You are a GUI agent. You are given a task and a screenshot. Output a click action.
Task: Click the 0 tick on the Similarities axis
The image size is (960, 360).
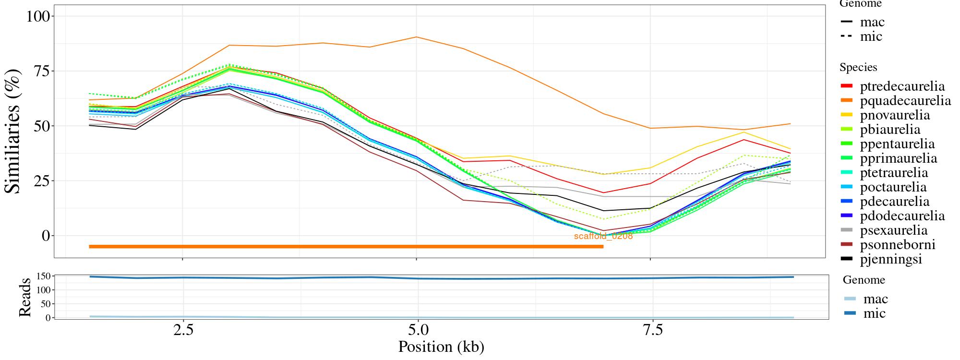pos(46,236)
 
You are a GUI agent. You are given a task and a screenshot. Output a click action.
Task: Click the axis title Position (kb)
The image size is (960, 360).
pos(441,347)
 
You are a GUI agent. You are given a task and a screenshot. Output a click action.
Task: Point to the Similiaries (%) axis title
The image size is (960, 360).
pos(13,131)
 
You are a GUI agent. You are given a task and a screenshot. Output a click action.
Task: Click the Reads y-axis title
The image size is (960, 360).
pos(24,297)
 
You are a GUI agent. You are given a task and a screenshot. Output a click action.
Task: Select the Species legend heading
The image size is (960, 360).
pos(858,68)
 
